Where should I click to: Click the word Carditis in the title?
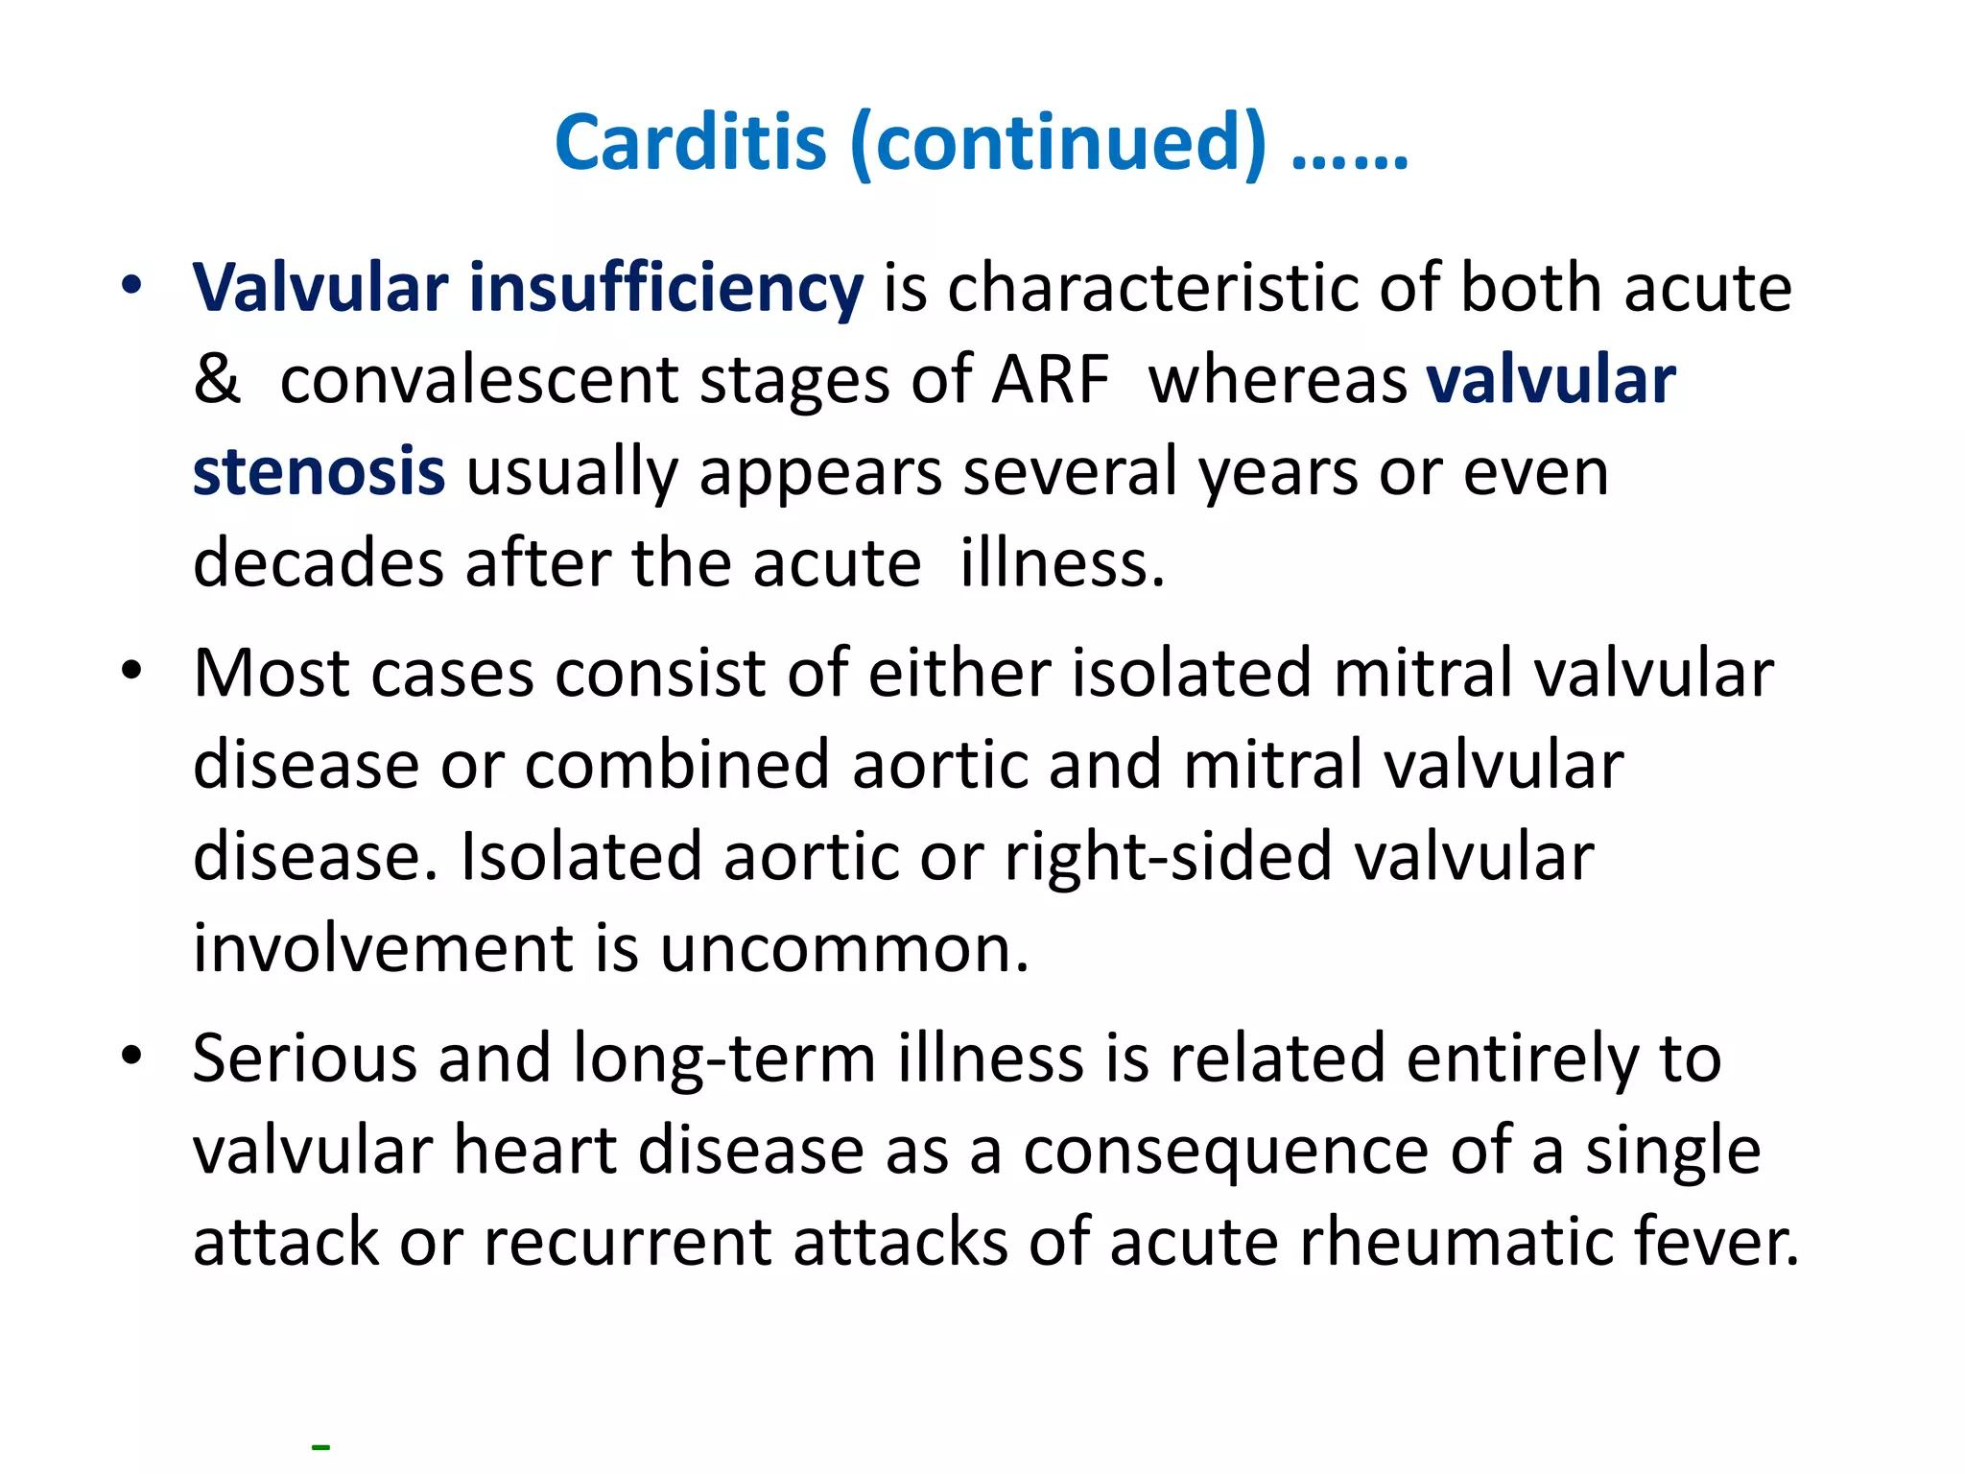[x=690, y=142]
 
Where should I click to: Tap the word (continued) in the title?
[x=1058, y=144]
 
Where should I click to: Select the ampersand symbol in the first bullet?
[x=216, y=380]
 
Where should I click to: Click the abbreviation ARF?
[x=1050, y=380]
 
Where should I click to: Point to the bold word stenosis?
[x=319, y=471]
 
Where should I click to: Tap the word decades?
[x=319, y=563]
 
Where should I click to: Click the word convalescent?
[x=479, y=380]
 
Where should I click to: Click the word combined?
[x=676, y=765]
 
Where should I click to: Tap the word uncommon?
[x=843, y=948]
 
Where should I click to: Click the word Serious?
[x=304, y=1058]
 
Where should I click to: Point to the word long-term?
[x=724, y=1058]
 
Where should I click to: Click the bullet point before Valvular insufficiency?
[x=131, y=285]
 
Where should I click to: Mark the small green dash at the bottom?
[x=320, y=1446]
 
